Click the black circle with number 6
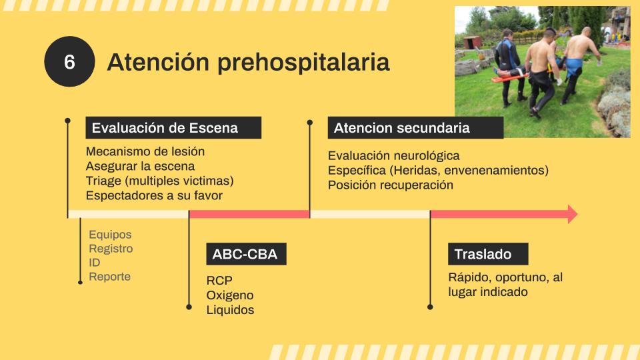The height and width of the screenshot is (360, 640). click(69, 61)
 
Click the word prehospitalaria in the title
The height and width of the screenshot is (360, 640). click(303, 63)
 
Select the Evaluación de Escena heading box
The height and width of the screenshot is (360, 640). click(173, 128)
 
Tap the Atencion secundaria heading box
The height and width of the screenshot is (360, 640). click(415, 128)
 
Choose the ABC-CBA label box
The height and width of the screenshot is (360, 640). click(246, 254)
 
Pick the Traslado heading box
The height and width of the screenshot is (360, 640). click(488, 254)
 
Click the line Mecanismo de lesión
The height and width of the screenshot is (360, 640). click(145, 151)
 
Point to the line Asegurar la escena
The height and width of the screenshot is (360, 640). click(141, 166)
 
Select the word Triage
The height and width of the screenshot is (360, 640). click(104, 181)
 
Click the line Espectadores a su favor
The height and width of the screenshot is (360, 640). click(154, 195)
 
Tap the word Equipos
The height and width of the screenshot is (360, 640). click(110, 235)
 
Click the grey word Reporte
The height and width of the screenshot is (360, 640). click(110, 276)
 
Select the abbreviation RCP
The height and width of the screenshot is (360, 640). click(219, 281)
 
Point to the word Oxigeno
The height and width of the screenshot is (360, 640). click(230, 295)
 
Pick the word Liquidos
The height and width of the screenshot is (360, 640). click(230, 310)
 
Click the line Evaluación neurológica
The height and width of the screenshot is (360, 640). click(394, 155)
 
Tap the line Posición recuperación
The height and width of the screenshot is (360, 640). click(391, 185)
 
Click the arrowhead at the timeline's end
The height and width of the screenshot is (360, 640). click(572, 214)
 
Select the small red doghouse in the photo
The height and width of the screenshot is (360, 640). click(473, 42)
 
